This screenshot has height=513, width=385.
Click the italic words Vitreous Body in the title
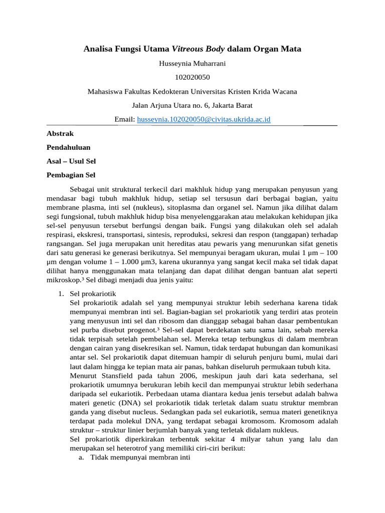point(199,49)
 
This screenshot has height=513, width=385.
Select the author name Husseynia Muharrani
point(192,64)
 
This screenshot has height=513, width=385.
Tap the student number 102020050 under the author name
point(192,78)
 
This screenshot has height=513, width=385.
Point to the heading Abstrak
point(60,134)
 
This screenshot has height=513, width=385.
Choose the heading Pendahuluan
point(69,148)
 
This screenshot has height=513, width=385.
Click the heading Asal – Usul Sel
point(71,161)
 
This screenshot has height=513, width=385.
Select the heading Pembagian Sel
point(71,175)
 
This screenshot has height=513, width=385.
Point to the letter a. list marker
point(82,458)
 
